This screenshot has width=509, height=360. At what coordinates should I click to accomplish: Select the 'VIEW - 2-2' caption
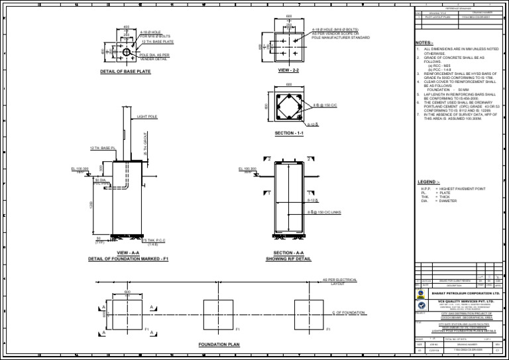(288, 70)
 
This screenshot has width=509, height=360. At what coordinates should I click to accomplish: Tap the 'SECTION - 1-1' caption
(288, 133)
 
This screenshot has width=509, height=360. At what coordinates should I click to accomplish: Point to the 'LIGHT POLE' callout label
(147, 117)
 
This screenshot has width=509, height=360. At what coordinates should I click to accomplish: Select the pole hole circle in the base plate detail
(127, 52)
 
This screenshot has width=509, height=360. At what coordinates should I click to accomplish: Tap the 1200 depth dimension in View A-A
(91, 206)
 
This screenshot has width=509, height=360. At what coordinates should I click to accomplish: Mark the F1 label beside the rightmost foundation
(325, 329)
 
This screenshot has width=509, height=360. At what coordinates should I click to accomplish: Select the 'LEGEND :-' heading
(428, 182)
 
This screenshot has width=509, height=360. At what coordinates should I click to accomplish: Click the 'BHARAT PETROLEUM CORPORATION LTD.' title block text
(466, 292)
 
